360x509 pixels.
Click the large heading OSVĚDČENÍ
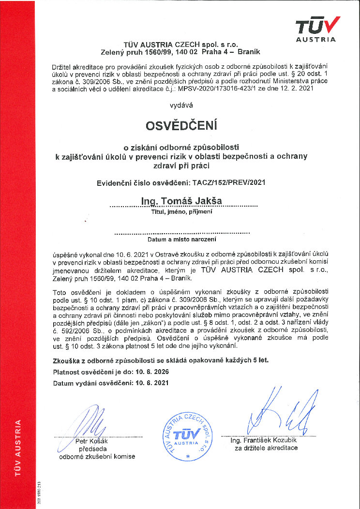[x=181, y=125]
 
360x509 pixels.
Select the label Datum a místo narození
[x=181, y=239]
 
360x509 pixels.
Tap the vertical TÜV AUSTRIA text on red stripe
[x=18, y=448]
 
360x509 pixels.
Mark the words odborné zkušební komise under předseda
[x=97, y=456]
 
